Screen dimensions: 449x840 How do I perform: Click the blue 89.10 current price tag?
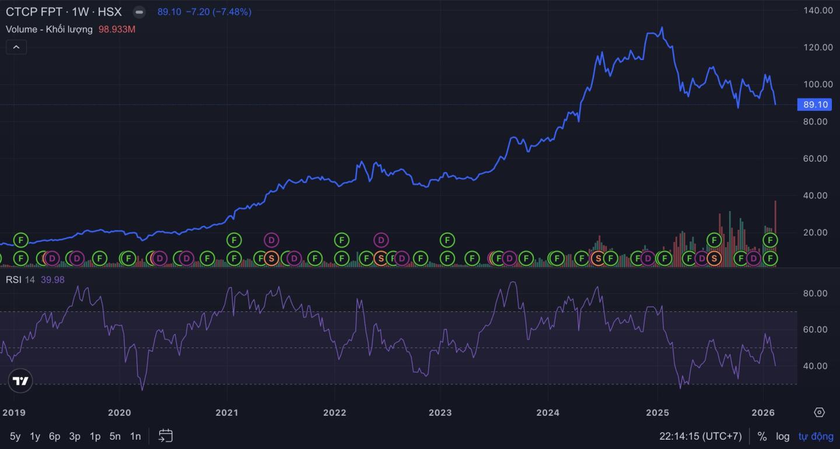click(x=815, y=105)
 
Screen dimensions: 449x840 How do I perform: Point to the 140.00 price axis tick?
click(x=818, y=10)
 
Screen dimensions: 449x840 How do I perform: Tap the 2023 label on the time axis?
click(x=440, y=413)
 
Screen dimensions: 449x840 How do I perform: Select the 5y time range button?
click(x=15, y=436)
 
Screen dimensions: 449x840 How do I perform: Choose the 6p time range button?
click(x=54, y=436)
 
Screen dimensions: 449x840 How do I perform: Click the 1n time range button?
click(x=135, y=436)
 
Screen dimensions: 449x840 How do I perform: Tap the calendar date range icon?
click(x=166, y=436)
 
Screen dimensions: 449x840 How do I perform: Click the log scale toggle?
click(x=782, y=436)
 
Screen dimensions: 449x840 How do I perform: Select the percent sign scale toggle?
click(x=762, y=436)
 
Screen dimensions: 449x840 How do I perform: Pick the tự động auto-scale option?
click(x=816, y=436)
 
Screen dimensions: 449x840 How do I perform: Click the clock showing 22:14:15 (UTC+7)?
click(x=700, y=436)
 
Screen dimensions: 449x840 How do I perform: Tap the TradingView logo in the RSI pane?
click(x=20, y=381)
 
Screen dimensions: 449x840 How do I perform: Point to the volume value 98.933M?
click(x=117, y=29)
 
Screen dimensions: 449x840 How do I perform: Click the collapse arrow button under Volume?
click(x=16, y=47)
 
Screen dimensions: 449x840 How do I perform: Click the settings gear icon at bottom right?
click(x=819, y=412)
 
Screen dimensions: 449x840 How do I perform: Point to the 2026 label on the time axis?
click(x=763, y=413)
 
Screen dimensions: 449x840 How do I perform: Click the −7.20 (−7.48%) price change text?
click(x=218, y=12)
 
